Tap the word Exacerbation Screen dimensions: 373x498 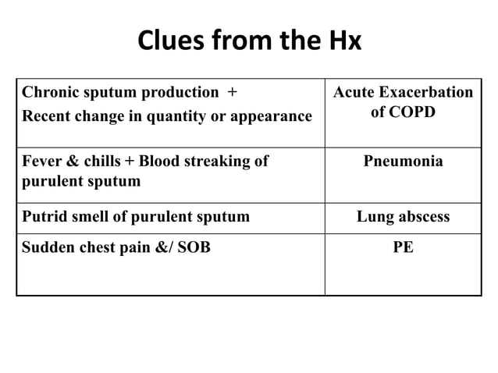(426, 92)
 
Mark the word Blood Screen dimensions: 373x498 (158, 162)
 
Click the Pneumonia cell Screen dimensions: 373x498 (403, 162)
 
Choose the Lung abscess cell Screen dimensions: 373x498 (403, 216)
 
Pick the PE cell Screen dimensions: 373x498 (403, 248)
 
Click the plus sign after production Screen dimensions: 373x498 (231, 92)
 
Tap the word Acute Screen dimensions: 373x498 (355, 92)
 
